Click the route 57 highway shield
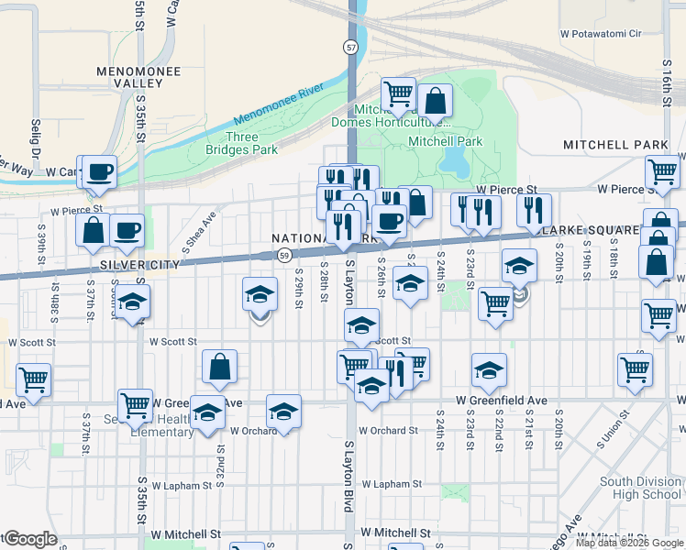[x=351, y=46]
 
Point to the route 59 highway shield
[x=285, y=255]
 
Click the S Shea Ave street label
[x=200, y=227]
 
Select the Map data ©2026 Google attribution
[x=629, y=543]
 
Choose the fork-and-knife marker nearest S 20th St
[x=530, y=210]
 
